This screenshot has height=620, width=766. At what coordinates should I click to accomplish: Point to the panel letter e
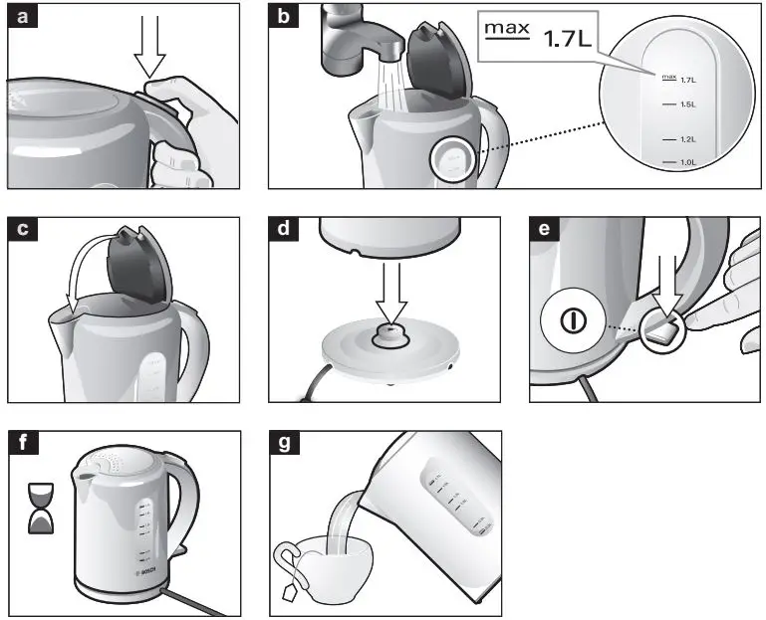coord(543,229)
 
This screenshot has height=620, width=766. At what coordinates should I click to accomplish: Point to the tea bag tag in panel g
coord(290,594)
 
